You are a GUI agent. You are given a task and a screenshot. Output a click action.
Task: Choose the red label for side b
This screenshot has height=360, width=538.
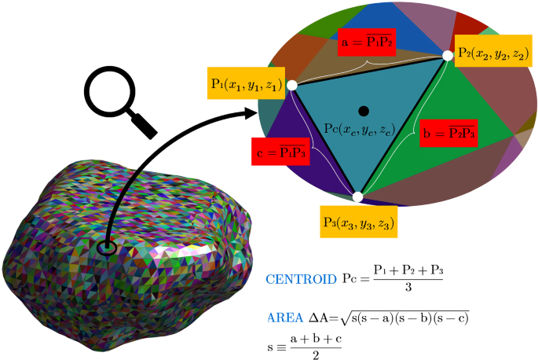tap(447, 132)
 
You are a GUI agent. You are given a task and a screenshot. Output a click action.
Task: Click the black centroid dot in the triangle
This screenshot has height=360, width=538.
tap(363, 110)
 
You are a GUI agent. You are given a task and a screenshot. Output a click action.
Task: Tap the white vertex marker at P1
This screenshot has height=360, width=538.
tap(291, 85)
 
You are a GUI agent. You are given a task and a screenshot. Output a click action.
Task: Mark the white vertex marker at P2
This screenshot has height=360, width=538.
tap(448, 55)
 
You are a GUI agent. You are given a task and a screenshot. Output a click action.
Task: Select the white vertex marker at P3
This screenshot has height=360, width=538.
tap(358, 197)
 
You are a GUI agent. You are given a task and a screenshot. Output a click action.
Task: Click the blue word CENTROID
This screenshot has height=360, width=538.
tap(300, 279)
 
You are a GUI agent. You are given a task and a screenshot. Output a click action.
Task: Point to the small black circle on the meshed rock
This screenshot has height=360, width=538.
tap(108, 248)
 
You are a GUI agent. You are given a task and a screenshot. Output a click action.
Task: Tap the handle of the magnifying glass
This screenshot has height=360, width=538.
tap(145, 124)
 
